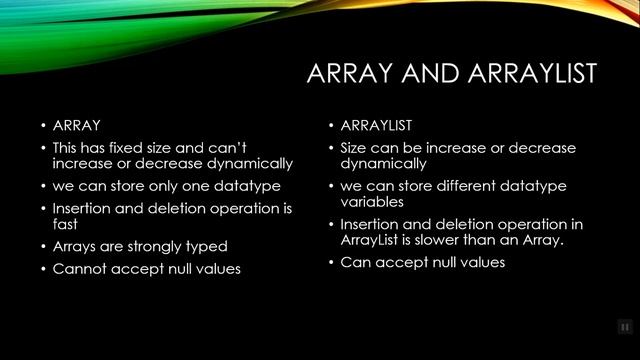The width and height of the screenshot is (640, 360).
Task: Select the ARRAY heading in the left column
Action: (77, 126)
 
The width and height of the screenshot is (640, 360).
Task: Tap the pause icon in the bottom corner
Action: (624, 326)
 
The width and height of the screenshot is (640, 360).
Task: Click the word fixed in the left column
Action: (136, 147)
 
